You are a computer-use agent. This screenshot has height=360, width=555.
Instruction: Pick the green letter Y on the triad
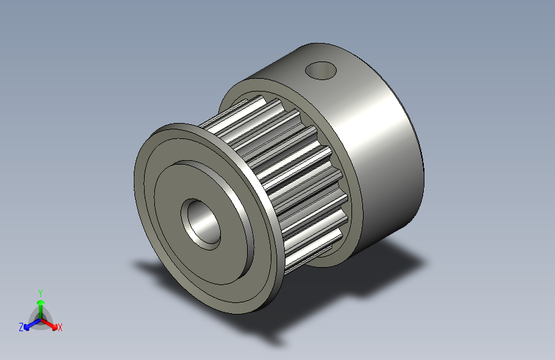click(x=40, y=291)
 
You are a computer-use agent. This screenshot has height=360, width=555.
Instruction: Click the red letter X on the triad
click(x=60, y=327)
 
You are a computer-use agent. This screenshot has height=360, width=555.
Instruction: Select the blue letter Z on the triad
click(x=21, y=327)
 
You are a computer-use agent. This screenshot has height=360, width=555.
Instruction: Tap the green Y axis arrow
click(x=40, y=304)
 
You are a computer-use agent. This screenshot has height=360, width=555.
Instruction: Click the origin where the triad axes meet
click(x=40, y=317)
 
